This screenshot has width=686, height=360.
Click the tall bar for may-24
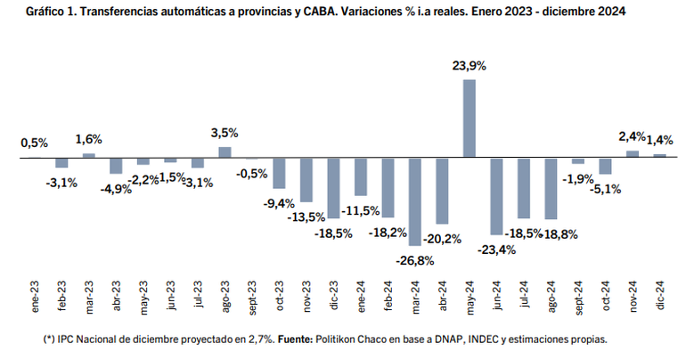tap(470, 119)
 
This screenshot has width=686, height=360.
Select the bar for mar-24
tap(415, 200)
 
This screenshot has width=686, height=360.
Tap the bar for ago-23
tap(225, 152)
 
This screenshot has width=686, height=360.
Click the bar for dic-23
tap(333, 187)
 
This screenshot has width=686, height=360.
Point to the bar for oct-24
tap(606, 167)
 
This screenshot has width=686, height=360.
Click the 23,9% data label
tap(470, 65)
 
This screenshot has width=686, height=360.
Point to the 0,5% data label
tap(35, 143)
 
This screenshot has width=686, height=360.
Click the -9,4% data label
tap(279, 203)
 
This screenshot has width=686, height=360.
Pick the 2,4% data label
tap(632, 136)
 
